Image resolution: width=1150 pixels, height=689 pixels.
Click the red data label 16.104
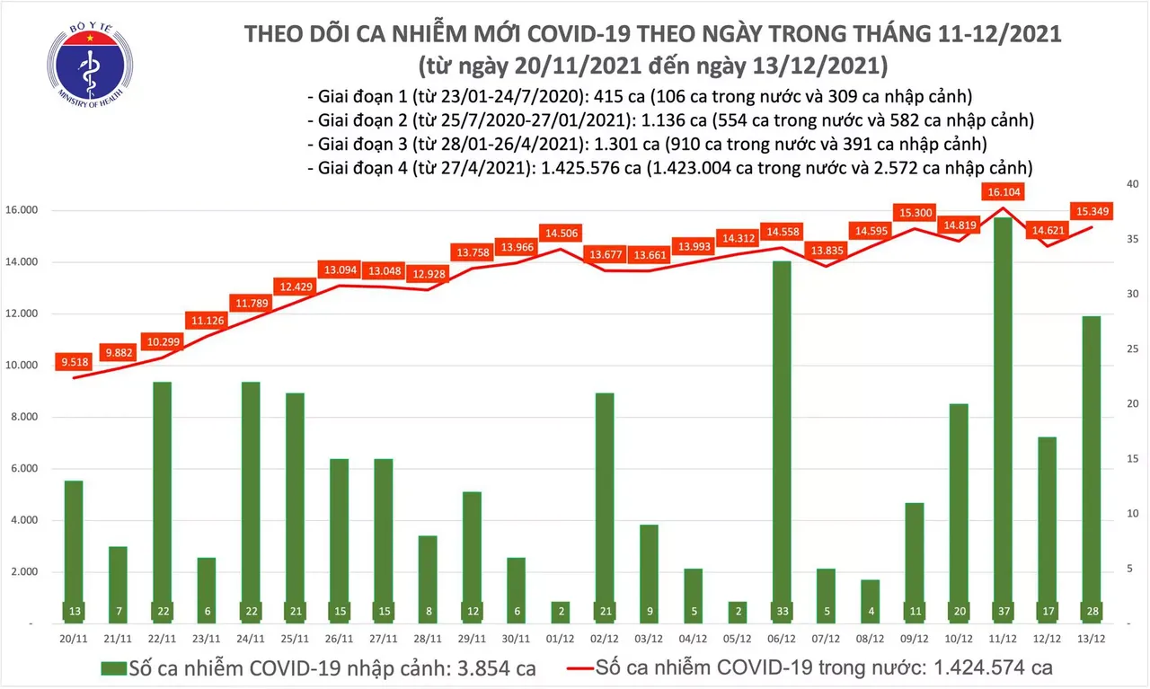(x=1004, y=192)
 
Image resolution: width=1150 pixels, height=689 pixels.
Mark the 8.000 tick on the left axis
(x=27, y=417)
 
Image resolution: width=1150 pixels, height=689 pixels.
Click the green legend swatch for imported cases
(x=113, y=667)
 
